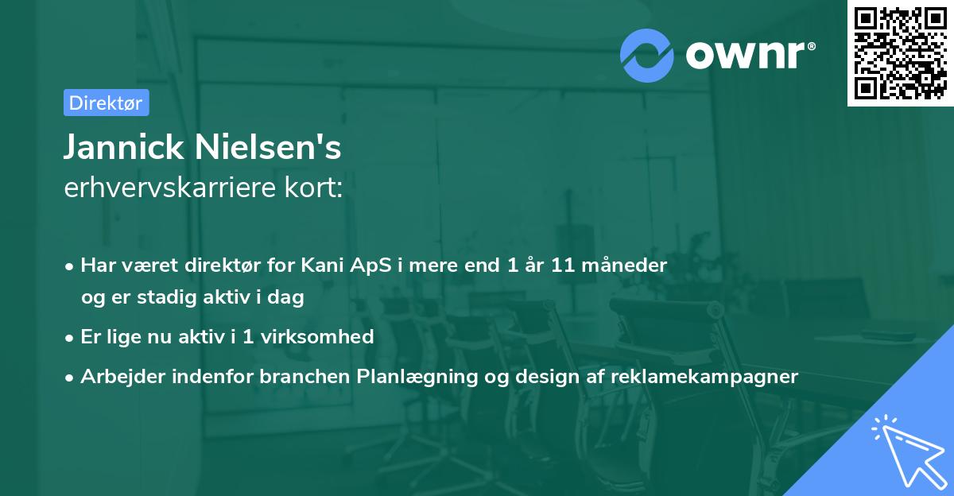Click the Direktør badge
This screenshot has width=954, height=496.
point(106,103)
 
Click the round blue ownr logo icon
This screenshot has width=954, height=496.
point(647,55)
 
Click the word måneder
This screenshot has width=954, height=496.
point(631,265)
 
